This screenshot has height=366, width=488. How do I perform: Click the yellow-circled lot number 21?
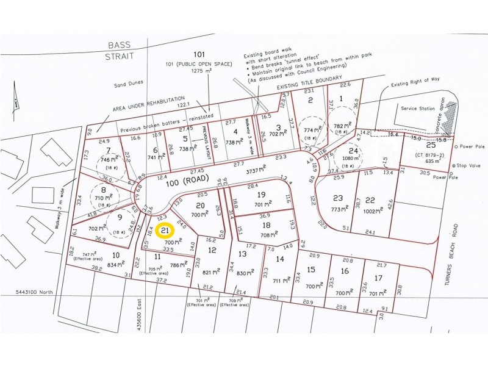165,231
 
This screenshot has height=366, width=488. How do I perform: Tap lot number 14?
280,258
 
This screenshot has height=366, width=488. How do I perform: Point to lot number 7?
108,150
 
